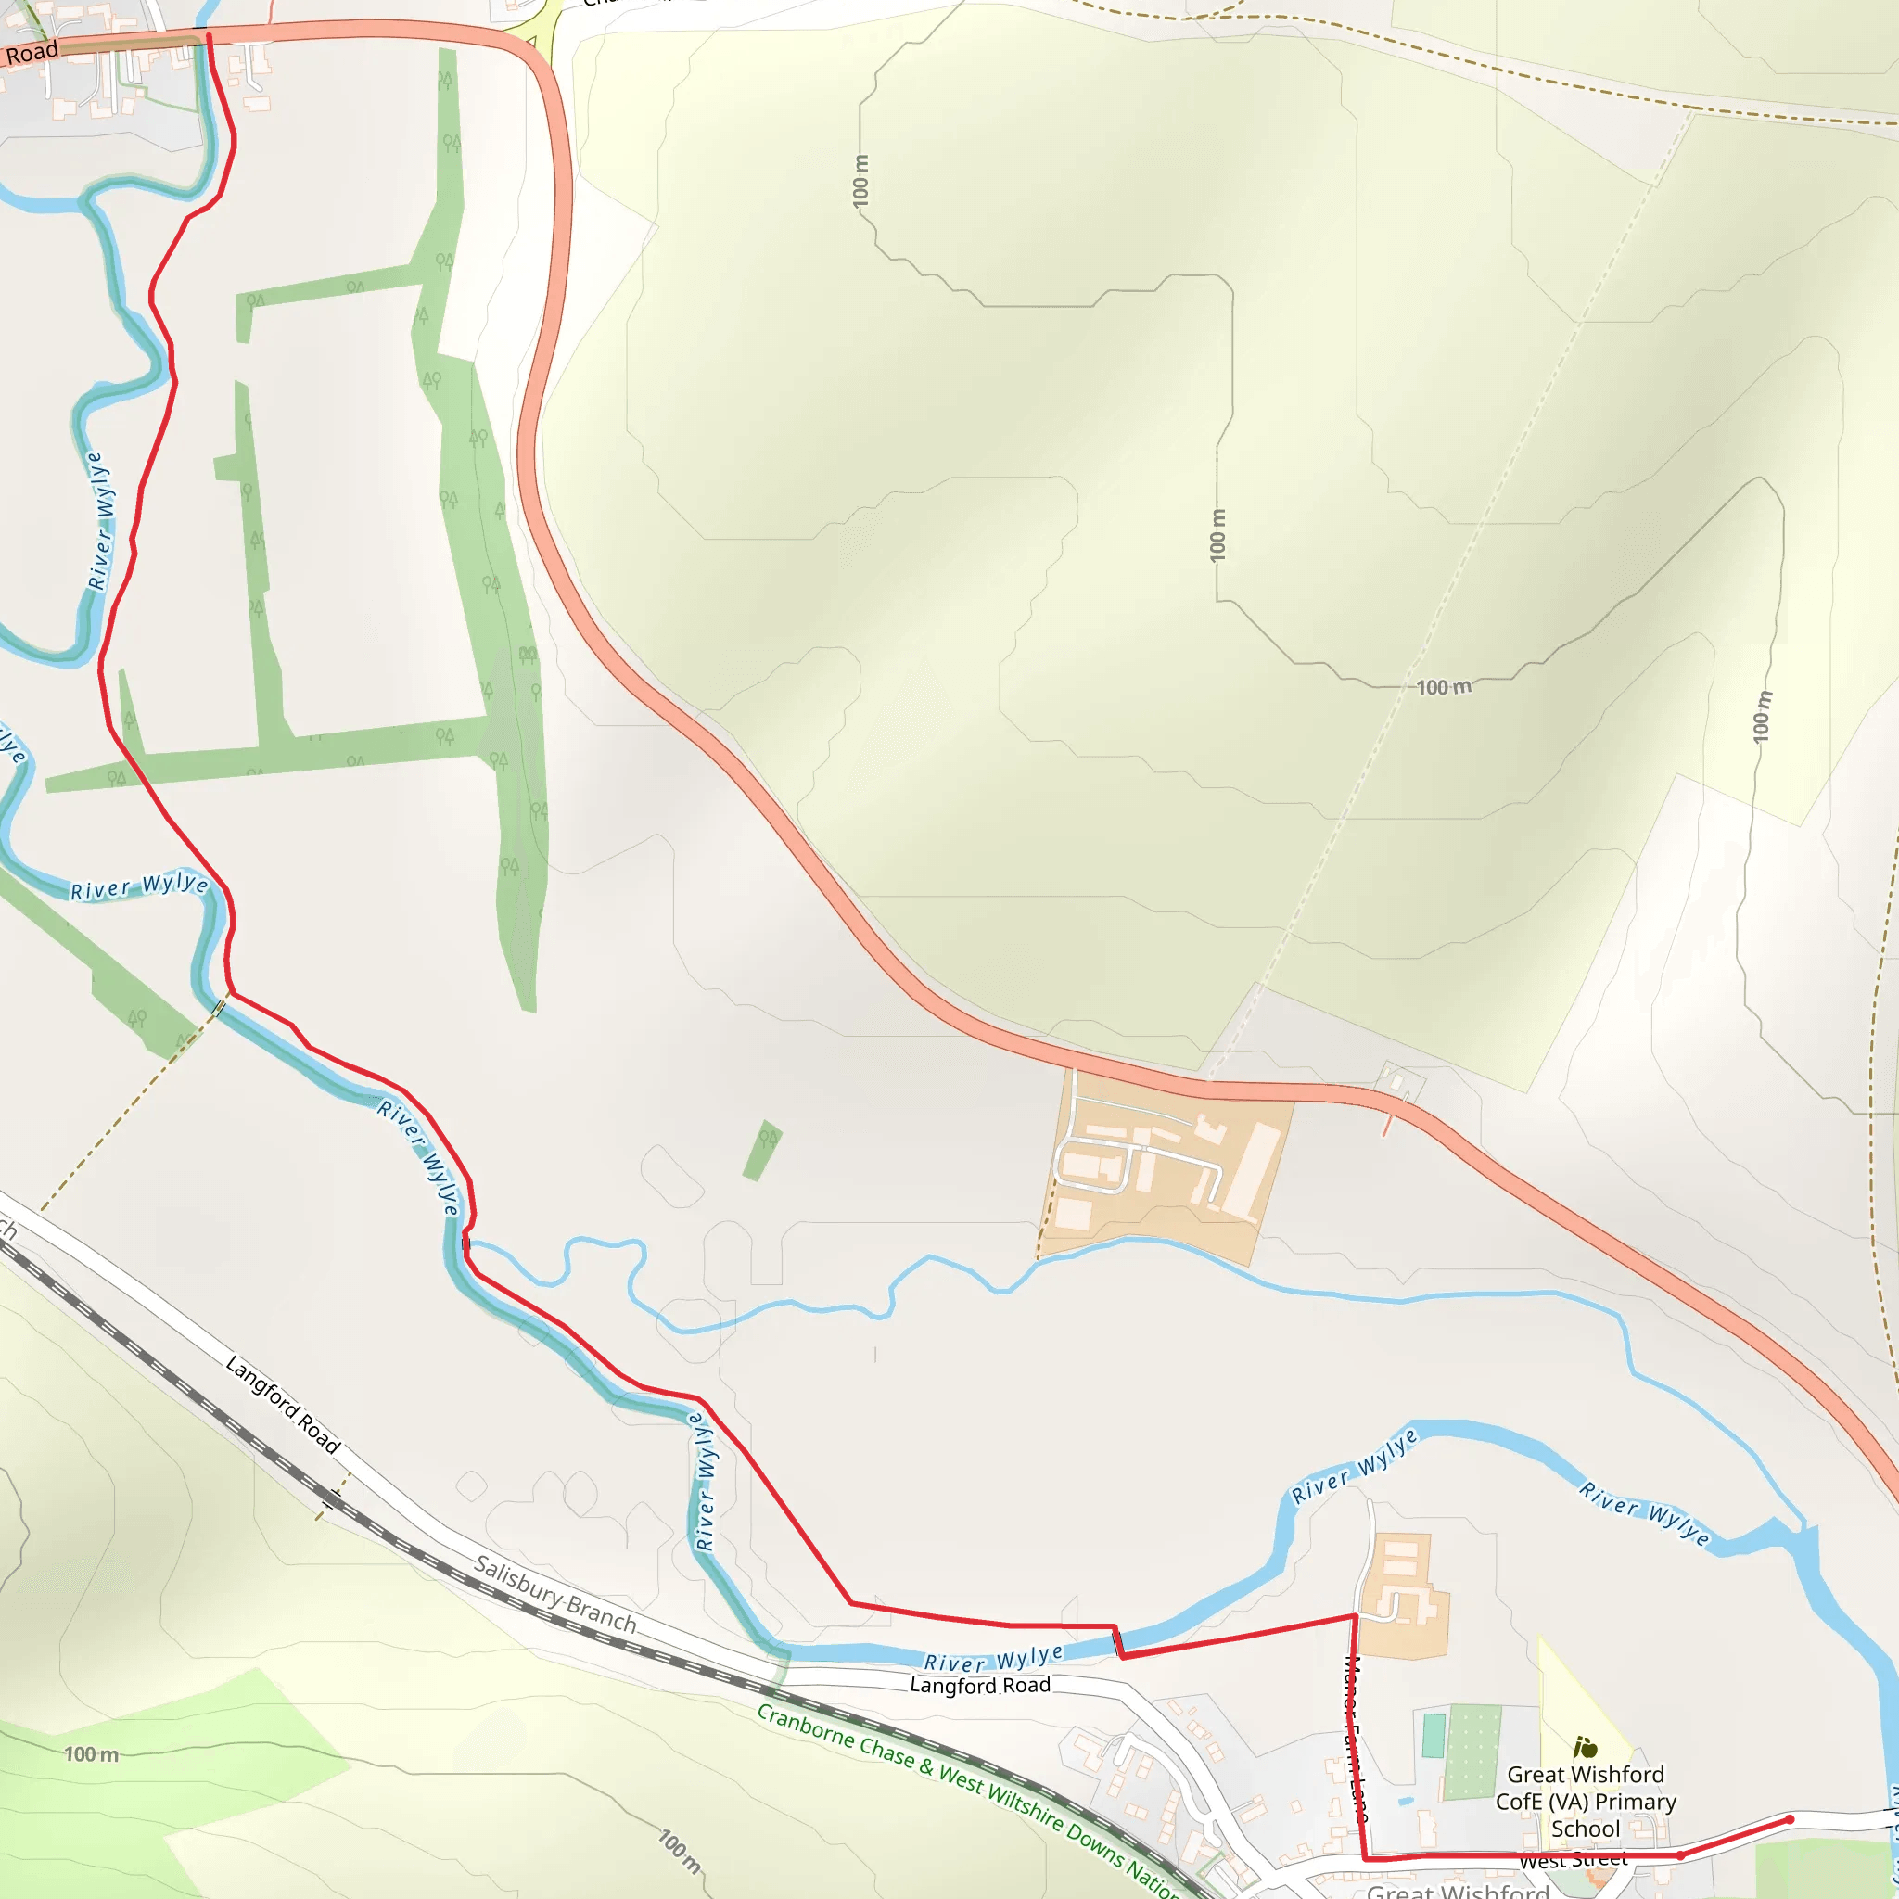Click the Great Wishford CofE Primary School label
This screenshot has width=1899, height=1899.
click(1586, 1801)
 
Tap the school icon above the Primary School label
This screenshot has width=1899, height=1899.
click(1585, 1747)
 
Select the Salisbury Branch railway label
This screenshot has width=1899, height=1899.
click(555, 1593)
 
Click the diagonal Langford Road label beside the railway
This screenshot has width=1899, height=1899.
click(283, 1405)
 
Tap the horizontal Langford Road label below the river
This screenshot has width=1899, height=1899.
click(980, 1685)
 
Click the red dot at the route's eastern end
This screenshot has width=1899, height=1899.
click(1790, 1820)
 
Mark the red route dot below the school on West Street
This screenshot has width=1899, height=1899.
click(1681, 1855)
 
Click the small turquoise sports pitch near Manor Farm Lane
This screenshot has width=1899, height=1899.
click(1434, 1736)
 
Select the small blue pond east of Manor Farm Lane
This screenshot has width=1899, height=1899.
click(1407, 1802)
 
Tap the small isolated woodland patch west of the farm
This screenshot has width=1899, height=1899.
click(763, 1150)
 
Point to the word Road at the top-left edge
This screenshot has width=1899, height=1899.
click(32, 52)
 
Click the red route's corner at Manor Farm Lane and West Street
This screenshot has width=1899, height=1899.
click(1366, 1859)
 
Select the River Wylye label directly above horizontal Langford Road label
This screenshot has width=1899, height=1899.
click(993, 1658)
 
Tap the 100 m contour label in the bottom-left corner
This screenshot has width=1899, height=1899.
click(92, 1754)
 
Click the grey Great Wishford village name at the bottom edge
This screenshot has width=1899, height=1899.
click(1458, 1889)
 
